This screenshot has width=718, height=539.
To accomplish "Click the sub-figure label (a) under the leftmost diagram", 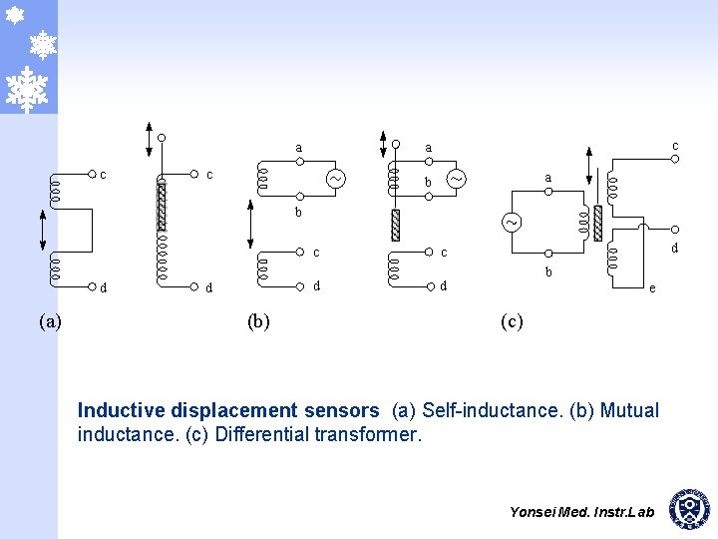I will (50, 321).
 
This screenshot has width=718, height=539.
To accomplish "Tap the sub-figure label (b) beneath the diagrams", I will (258, 321).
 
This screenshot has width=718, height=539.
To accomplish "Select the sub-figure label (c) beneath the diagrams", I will (512, 321).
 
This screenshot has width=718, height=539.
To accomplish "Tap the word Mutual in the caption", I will (630, 410).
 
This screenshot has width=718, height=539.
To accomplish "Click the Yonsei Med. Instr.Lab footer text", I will (581, 512).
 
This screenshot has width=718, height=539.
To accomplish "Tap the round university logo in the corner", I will (690, 509).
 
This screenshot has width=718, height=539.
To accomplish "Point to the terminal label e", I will (652, 288).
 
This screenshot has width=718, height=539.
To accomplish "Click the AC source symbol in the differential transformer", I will (511, 222).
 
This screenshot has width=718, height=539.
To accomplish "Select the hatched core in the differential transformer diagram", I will (597, 223).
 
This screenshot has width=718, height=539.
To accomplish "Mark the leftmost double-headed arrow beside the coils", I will (42, 233).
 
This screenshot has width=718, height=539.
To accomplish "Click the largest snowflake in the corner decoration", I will (28, 89).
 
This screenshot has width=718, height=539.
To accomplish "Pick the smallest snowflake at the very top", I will (15, 15).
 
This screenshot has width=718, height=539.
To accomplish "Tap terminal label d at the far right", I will (675, 248).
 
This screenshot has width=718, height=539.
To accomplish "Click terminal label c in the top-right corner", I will (675, 146).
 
